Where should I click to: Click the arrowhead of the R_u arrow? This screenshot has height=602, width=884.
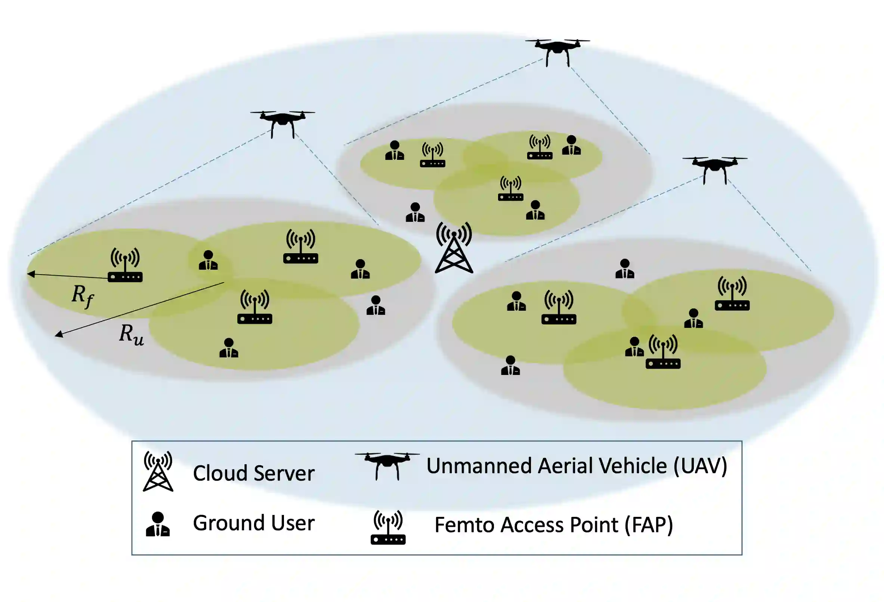pyautogui.click(x=59, y=334)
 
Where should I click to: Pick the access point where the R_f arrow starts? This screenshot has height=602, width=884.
pyautogui.click(x=125, y=265)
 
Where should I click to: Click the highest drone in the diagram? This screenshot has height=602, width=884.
pyautogui.click(x=557, y=51)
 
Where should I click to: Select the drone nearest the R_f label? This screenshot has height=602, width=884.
pyautogui.click(x=282, y=122)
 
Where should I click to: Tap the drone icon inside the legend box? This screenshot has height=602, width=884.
pyautogui.click(x=387, y=465)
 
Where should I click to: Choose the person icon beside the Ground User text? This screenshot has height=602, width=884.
pyautogui.click(x=157, y=524)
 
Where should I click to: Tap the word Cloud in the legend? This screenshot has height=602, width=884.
pyautogui.click(x=220, y=473)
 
